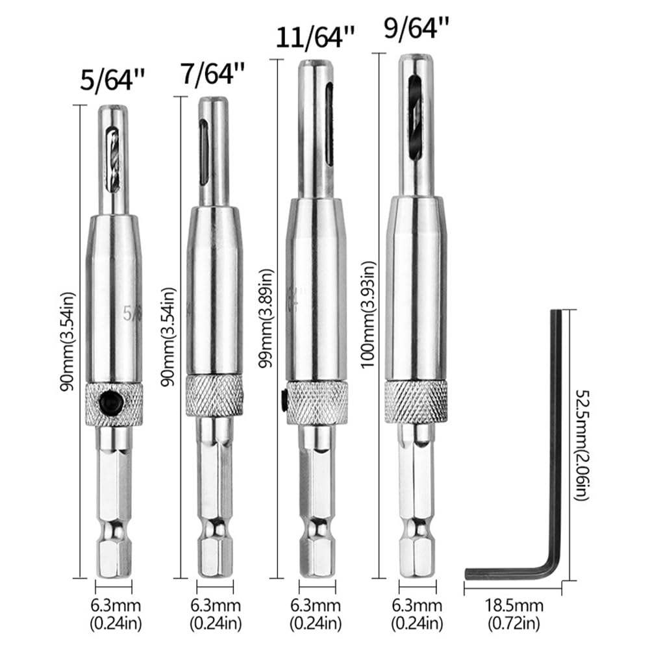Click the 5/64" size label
point(112,79)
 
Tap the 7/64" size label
point(212,73)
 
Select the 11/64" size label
point(315,37)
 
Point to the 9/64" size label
point(417,28)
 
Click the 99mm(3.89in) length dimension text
point(266,318)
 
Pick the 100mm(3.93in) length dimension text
point(368,315)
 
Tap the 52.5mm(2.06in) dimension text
point(582,444)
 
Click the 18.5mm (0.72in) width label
point(514,614)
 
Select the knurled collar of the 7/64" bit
point(215,396)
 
